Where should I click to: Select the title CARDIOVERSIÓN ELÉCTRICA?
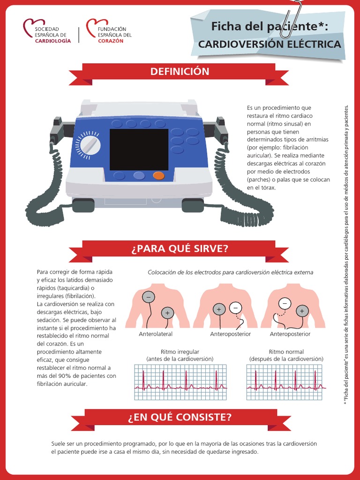270,45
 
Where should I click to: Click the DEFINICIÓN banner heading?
180,72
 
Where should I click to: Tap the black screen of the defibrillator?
139,150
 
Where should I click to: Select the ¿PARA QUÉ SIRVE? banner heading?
180,248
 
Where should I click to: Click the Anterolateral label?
156,334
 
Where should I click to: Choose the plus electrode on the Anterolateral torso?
167,313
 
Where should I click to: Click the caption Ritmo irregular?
180,352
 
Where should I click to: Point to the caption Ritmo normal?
286,352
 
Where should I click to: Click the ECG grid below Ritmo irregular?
180,382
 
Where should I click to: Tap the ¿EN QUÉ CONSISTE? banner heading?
180,417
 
